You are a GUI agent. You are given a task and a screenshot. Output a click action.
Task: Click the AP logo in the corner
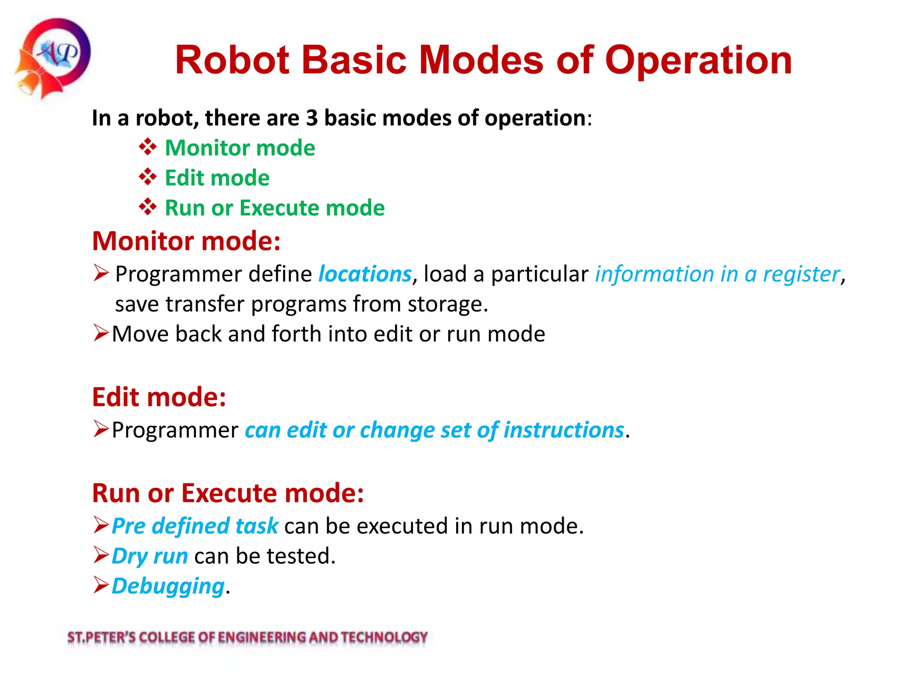(53, 57)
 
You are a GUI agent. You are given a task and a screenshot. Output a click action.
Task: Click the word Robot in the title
(232, 60)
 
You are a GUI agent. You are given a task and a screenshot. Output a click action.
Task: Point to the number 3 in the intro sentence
(312, 118)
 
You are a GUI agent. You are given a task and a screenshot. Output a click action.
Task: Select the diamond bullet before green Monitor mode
(148, 147)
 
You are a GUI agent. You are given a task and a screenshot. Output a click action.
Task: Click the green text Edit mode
(217, 178)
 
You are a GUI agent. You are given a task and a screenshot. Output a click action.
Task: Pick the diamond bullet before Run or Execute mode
(148, 207)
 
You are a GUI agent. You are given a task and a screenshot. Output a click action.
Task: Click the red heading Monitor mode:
(186, 241)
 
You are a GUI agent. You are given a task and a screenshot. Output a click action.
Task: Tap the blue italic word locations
(365, 274)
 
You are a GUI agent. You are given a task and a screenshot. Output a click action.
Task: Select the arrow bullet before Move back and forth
(101, 333)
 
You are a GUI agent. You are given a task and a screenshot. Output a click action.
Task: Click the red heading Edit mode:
(159, 397)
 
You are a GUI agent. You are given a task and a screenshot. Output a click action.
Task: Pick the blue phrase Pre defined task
(195, 526)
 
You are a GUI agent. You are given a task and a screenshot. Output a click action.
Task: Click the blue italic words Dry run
(150, 556)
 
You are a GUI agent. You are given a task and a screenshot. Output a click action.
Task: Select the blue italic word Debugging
(168, 586)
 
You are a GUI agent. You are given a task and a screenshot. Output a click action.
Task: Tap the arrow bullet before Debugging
(101, 585)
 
